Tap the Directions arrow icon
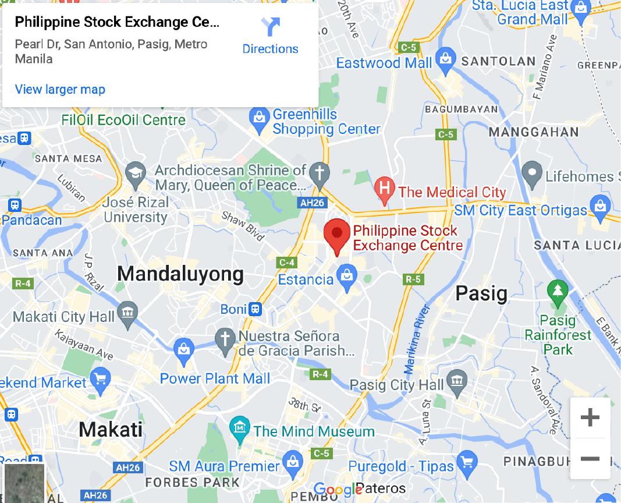tap(271, 27)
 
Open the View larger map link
tap(60, 89)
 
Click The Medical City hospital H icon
tap(384, 189)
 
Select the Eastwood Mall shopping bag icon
tap(445, 60)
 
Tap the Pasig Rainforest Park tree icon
tap(558, 289)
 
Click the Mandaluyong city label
tap(180, 274)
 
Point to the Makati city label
tap(111, 430)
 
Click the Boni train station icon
tap(255, 309)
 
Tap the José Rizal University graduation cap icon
tap(136, 173)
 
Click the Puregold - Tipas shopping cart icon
tap(467, 463)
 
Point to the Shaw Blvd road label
tap(243, 225)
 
